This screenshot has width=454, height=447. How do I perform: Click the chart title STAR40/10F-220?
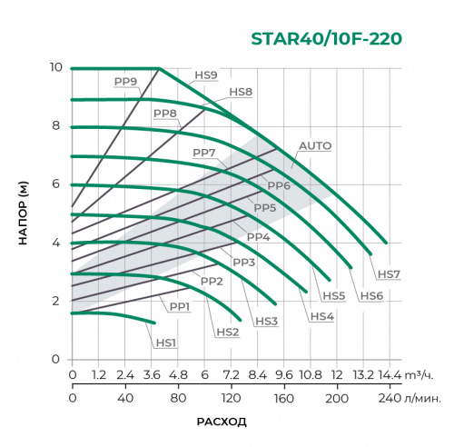tap(325, 40)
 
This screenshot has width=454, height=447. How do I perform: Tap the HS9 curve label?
tap(206, 75)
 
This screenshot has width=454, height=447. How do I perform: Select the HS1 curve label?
tap(164, 343)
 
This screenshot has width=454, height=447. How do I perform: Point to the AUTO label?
tap(315, 145)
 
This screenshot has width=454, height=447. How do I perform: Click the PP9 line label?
tap(125, 81)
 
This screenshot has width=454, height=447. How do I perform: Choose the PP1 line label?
tap(179, 306)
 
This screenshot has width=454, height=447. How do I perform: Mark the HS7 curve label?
tap(389, 273)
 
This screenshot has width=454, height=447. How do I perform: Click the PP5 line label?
tap(265, 208)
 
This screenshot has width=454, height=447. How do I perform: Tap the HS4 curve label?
tap(321, 316)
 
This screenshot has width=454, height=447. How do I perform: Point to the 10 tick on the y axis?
tap(55, 68)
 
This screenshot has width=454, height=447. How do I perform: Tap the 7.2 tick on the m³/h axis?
tap(231, 374)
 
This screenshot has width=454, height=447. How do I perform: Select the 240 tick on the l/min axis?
tap(389, 397)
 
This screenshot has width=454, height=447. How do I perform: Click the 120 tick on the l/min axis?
tap(231, 397)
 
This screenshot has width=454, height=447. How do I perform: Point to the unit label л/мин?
tap(421, 397)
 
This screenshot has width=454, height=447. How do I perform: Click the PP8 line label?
tap(164, 114)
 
